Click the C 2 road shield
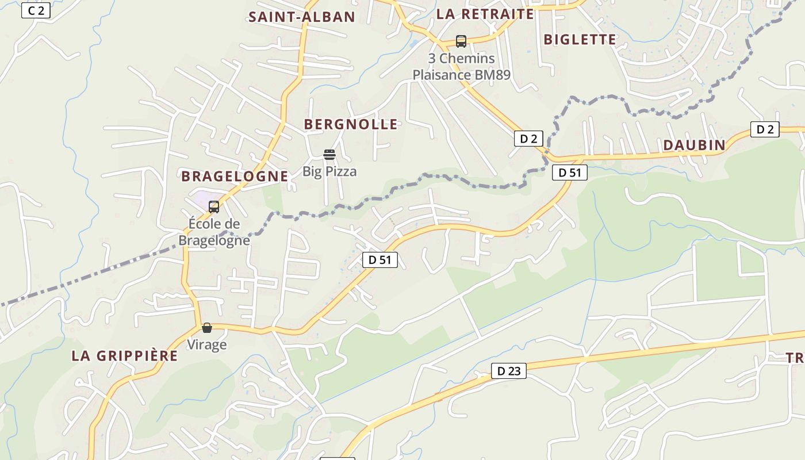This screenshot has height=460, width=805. pos(36,10)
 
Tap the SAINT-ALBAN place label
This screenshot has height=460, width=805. pos(301,17)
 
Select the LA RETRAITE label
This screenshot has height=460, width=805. pos(485,14)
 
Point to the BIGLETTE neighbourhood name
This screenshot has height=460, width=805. pos(580,40)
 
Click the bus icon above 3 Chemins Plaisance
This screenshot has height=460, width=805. pos(461,41)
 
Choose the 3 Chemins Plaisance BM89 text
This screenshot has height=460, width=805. pos(461,67)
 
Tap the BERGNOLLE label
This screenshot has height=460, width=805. pos(351,124)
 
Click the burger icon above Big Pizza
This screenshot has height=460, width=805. pos(329,155)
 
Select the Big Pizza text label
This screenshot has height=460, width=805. pos(329,171)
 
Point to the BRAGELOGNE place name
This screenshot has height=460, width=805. pos(235,177)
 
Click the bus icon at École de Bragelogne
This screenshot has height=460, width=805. pos(214,207)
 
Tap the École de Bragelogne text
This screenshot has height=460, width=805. pos(214,232)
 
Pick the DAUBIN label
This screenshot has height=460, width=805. pos(694,145)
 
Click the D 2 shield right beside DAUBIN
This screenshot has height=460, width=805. pos(765,129)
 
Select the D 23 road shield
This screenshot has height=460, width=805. pos(508,371)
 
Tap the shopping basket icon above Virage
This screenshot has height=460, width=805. pos(207,328)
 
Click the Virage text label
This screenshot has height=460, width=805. pos(207,345)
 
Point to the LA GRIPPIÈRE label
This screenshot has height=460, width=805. pos(125,356)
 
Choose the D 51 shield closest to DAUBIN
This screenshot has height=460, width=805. pos(569,172)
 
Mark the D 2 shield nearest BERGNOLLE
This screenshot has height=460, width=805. pos(528,138)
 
